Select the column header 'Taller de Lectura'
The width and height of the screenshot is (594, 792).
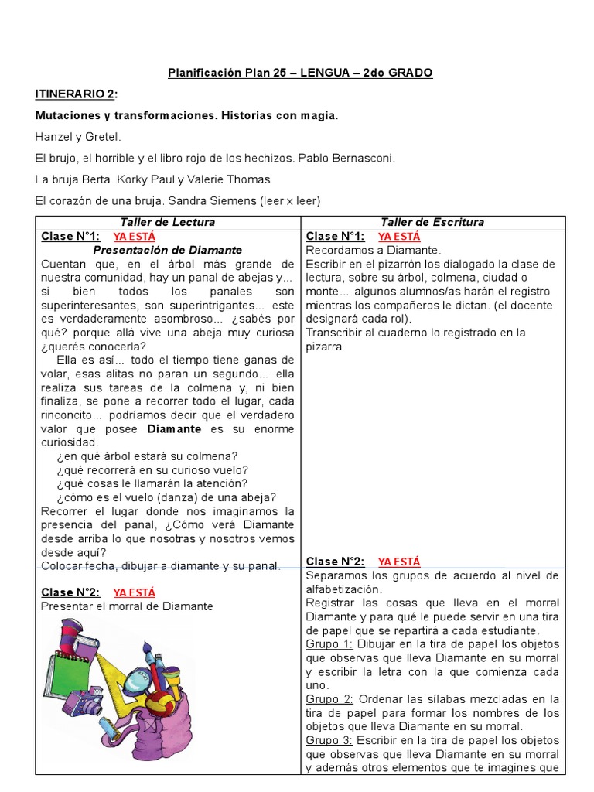pos(168,222)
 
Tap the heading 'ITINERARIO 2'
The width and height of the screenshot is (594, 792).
pos(77,94)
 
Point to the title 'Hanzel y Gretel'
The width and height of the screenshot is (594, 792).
pos(78,137)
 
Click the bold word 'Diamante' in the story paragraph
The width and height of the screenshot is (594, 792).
pos(174,428)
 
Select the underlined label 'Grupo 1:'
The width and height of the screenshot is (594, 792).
pos(329,643)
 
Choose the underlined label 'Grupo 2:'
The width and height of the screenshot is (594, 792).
pos(329,699)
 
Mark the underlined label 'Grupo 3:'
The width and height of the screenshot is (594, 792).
pos(329,740)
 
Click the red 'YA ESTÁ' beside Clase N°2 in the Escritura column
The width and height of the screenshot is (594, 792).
pos(399,562)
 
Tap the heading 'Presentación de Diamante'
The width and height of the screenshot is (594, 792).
pos(168,250)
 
